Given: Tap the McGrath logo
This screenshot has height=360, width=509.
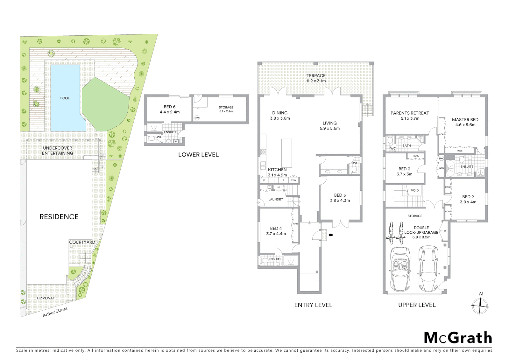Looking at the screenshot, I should click(x=458, y=338).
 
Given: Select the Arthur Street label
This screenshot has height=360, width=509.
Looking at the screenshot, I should click(x=55, y=312).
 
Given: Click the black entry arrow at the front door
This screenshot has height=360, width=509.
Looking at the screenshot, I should click(x=330, y=235).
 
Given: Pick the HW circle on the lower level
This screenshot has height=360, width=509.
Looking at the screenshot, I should click(x=197, y=118).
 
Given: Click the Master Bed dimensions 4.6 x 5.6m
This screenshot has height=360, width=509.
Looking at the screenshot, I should click(x=465, y=125).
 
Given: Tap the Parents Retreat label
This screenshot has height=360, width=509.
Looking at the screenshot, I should click(x=410, y=113).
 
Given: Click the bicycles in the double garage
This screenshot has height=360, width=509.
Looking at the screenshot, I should click(x=395, y=232).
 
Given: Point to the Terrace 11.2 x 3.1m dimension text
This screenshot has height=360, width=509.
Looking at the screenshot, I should click(x=316, y=81).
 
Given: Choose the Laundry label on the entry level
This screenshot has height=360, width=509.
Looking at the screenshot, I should click(x=276, y=199).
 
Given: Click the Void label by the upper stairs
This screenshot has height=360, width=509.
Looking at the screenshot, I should click(x=415, y=190).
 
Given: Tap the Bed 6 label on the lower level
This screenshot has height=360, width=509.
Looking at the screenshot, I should click(x=170, y=107).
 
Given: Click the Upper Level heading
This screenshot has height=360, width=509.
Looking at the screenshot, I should click(x=417, y=305).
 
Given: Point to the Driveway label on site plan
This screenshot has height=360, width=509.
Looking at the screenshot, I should click(x=46, y=298).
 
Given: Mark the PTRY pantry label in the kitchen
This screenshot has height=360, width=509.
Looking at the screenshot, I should click(x=293, y=180).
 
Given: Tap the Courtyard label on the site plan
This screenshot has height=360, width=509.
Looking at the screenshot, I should click(x=82, y=242).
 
